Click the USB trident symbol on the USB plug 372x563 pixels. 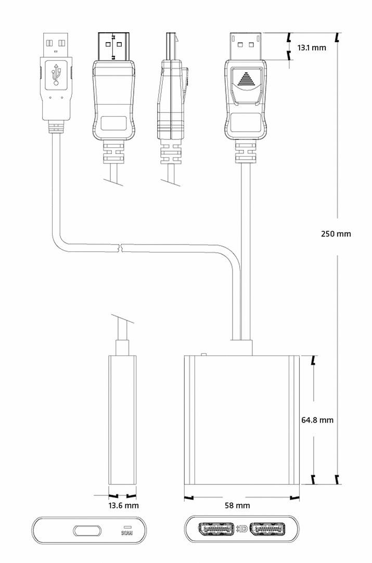pyautogui.click(x=56, y=75)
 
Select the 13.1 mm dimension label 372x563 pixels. pyautogui.click(x=312, y=48)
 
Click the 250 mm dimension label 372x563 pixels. pyautogui.click(x=336, y=234)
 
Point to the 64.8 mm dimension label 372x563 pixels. pyautogui.click(x=317, y=420)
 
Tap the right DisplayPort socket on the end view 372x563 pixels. pyautogui.click(x=267, y=530)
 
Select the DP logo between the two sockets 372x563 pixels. pyautogui.click(x=241, y=530)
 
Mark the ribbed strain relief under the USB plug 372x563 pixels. pyautogui.click(x=56, y=126)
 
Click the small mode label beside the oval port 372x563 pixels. pyautogui.click(x=126, y=531)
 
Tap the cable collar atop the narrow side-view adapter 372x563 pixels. pyautogui.click(x=122, y=347)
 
